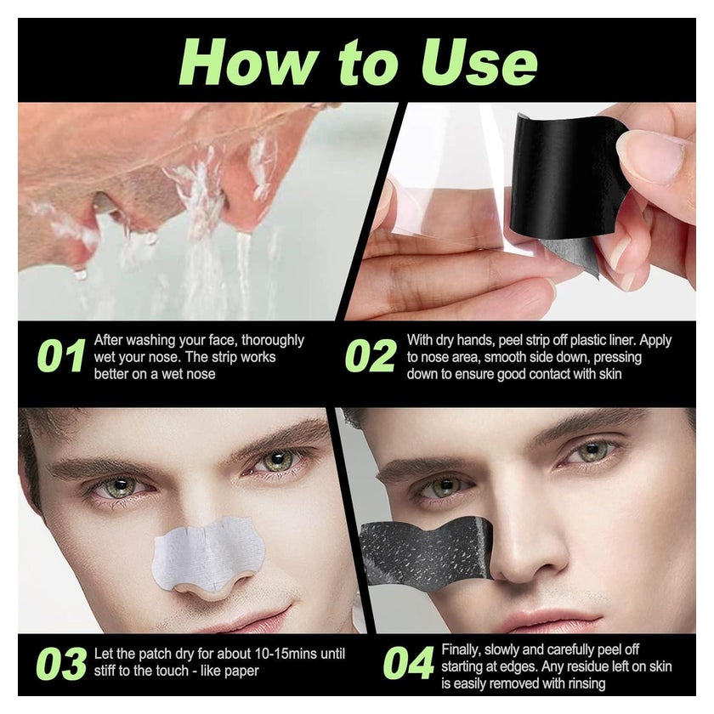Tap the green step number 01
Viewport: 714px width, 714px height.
tap(61, 355)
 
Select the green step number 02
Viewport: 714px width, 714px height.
tap(371, 355)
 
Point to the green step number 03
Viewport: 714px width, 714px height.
tap(61, 663)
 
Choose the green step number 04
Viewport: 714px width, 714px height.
tap(409, 663)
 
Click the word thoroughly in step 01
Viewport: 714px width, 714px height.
tap(272, 341)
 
